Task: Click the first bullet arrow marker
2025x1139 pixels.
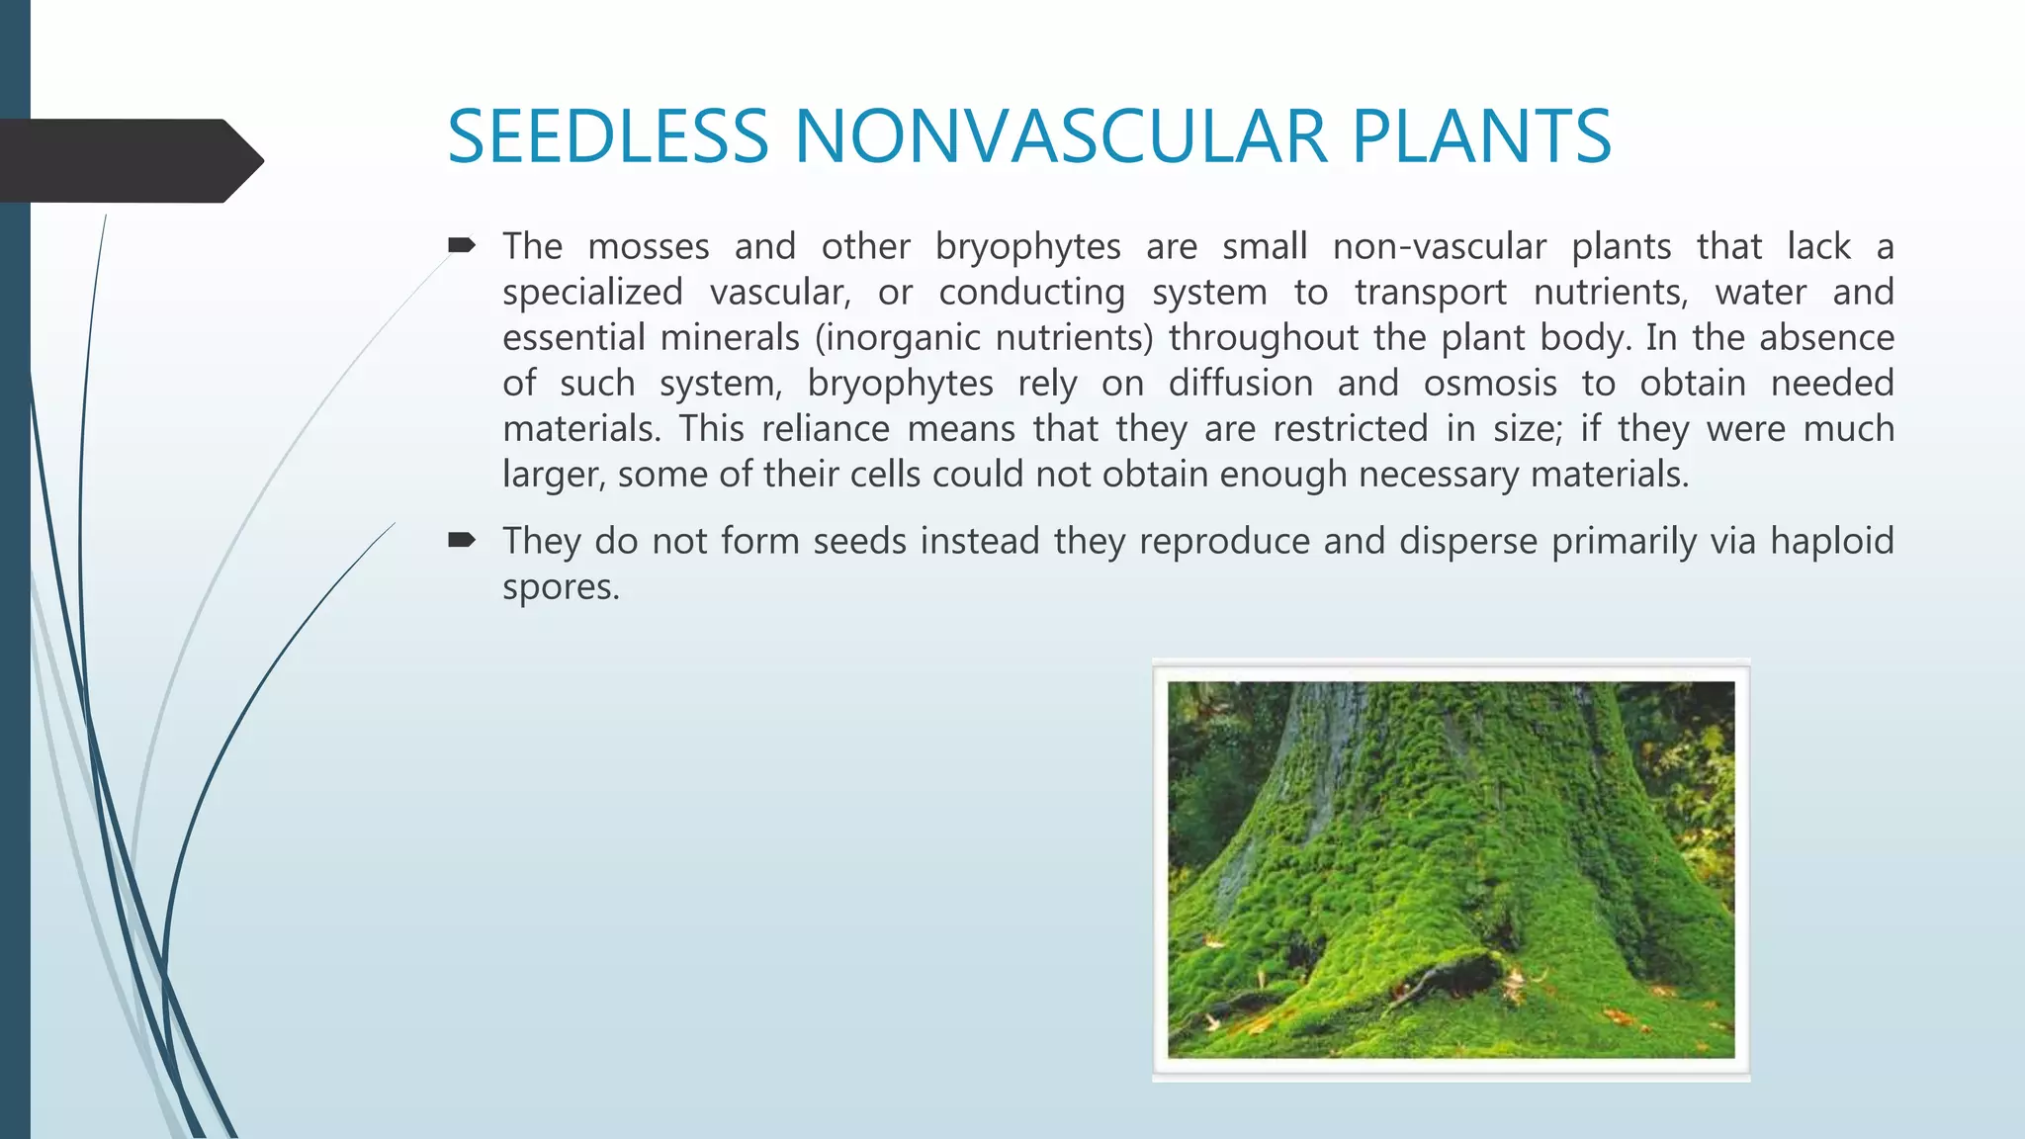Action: [462, 244]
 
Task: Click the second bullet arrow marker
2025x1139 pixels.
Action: [462, 539]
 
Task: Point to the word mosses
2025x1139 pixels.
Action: [649, 246]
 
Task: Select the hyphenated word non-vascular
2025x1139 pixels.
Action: [1439, 246]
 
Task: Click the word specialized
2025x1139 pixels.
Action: [592, 293]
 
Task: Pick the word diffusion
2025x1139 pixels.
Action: [1240, 384]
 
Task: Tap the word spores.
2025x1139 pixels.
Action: [561, 587]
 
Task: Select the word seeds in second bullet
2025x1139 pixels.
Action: [859, 542]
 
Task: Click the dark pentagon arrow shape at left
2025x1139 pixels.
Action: [129, 160]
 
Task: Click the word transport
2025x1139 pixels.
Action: [1431, 293]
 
